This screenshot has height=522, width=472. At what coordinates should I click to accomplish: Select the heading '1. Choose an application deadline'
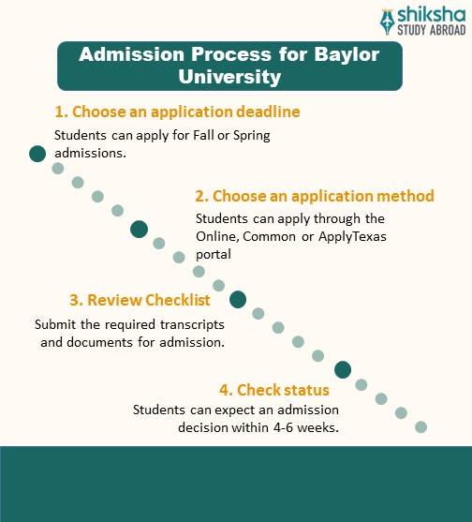(177, 112)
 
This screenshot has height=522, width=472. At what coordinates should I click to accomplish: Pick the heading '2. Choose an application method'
(315, 196)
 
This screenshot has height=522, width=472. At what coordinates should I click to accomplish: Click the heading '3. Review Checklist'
(139, 301)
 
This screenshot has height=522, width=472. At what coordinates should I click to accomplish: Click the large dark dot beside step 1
(37, 154)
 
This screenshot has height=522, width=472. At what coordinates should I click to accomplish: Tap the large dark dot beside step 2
(140, 228)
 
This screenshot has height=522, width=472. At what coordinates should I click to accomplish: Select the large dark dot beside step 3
(238, 299)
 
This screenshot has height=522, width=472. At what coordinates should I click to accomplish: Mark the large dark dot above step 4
(343, 369)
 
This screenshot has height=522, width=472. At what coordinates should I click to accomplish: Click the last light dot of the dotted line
(420, 427)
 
